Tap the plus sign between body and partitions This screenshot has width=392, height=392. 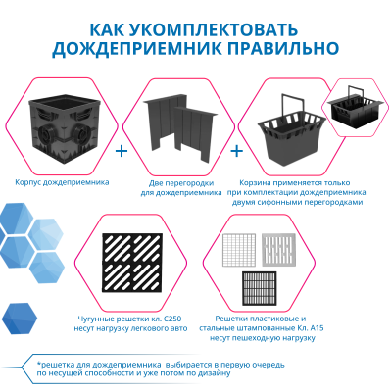tap(121, 153)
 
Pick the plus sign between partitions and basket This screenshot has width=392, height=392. tap(235, 153)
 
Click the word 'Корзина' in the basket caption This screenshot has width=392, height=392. tap(256, 182)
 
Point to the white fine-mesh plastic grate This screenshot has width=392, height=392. tap(241, 250)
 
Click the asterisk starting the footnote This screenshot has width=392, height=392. tap(26, 363)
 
